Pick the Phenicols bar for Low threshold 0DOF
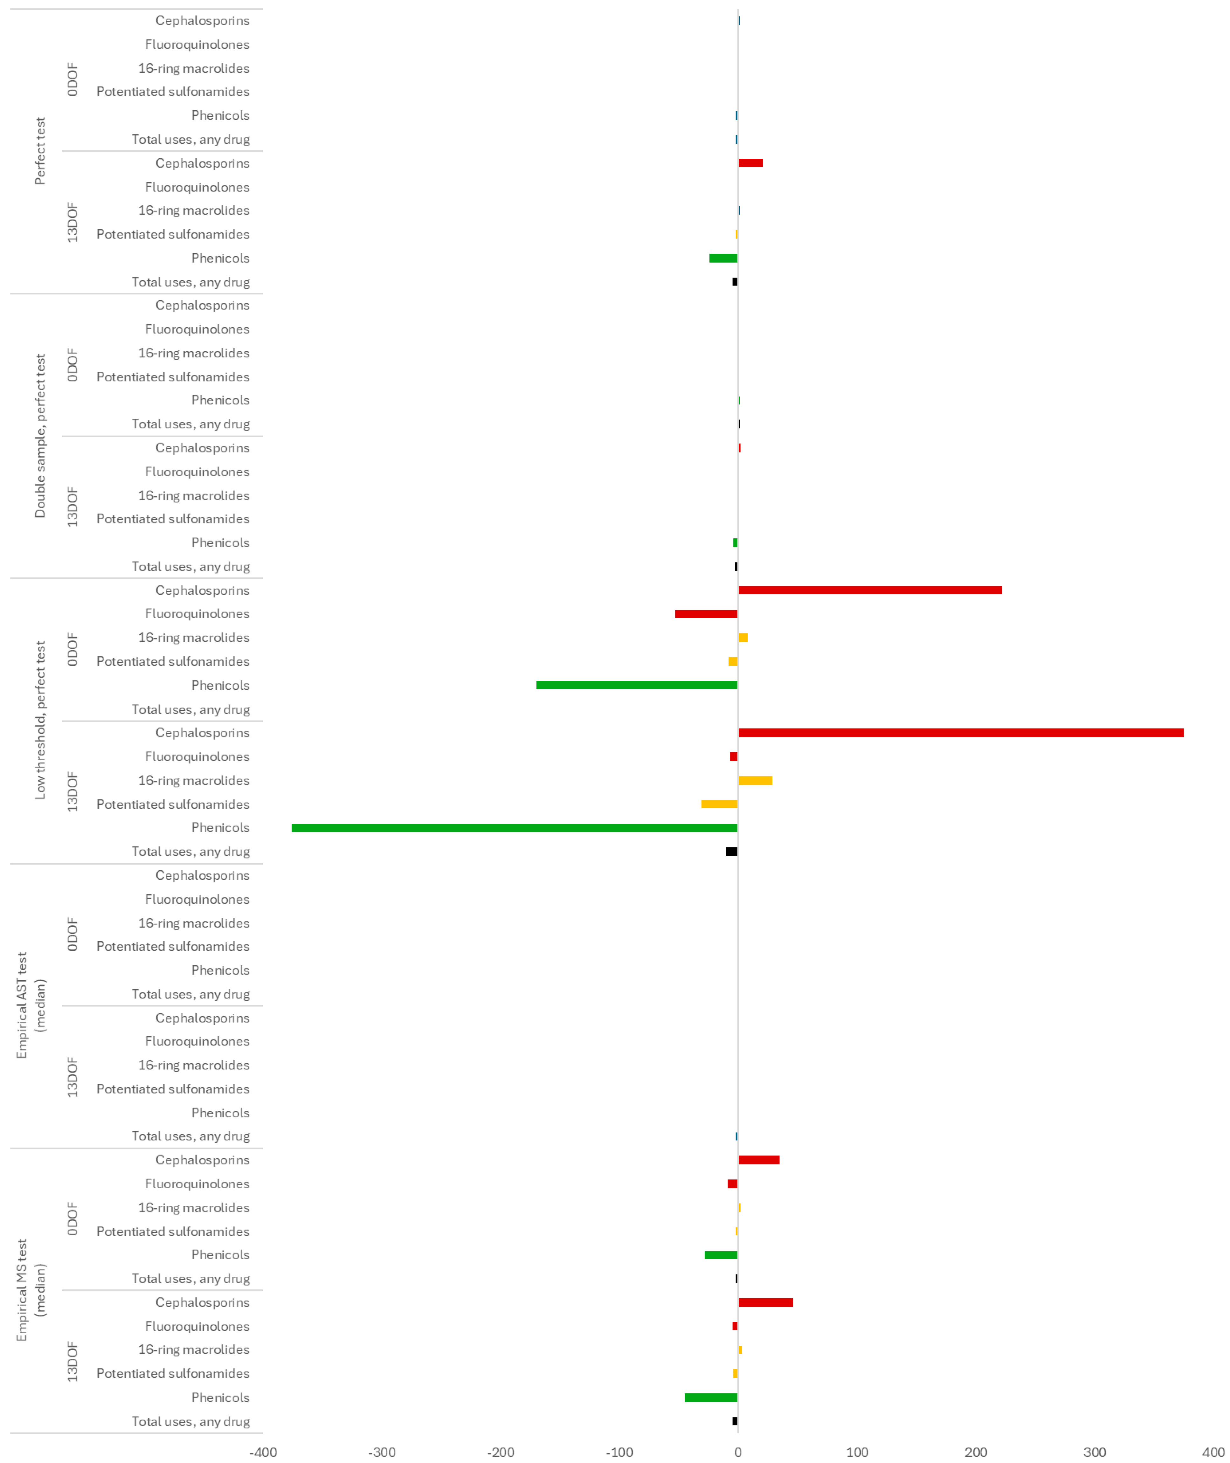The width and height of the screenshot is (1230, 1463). [637, 685]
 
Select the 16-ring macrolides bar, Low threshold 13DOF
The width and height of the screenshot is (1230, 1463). [755, 780]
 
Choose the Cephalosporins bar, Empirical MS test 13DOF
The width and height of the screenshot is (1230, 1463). [766, 1303]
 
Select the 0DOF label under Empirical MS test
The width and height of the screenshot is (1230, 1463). [73, 1219]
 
